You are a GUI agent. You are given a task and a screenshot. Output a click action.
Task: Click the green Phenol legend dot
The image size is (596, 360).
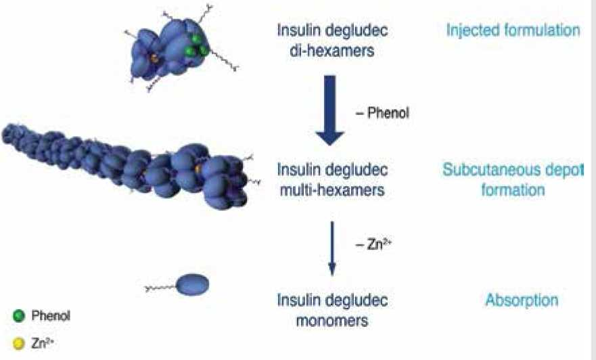[18, 315]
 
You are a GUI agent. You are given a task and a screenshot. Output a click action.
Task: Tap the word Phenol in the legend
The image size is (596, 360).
[51, 315]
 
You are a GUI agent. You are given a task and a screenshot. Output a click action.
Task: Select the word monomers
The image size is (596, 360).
[331, 321]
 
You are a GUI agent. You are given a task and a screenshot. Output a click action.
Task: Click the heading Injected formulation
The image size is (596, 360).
[513, 30]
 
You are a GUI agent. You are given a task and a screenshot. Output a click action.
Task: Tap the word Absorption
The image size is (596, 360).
[521, 300]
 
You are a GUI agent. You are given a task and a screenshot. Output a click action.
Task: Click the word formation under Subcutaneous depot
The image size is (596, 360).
[512, 190]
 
